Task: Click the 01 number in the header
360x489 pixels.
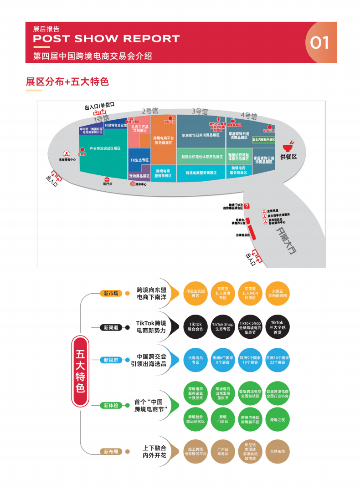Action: click(x=319, y=42)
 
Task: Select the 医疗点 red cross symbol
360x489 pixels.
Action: click(x=107, y=179)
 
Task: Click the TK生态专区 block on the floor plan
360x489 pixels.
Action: click(x=139, y=160)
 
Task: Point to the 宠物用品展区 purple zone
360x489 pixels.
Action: click(x=139, y=176)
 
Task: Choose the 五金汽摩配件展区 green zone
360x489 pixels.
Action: click(x=264, y=140)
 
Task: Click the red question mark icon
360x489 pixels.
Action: click(x=247, y=206)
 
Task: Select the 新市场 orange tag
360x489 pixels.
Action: click(x=111, y=293)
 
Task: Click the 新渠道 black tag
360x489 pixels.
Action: click(x=111, y=327)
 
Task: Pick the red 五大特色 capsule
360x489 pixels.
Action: click(x=81, y=371)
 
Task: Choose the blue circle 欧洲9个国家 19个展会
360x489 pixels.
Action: click(x=250, y=360)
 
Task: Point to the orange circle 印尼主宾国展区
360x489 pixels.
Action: click(x=195, y=293)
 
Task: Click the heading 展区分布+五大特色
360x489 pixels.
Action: click(x=67, y=82)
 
